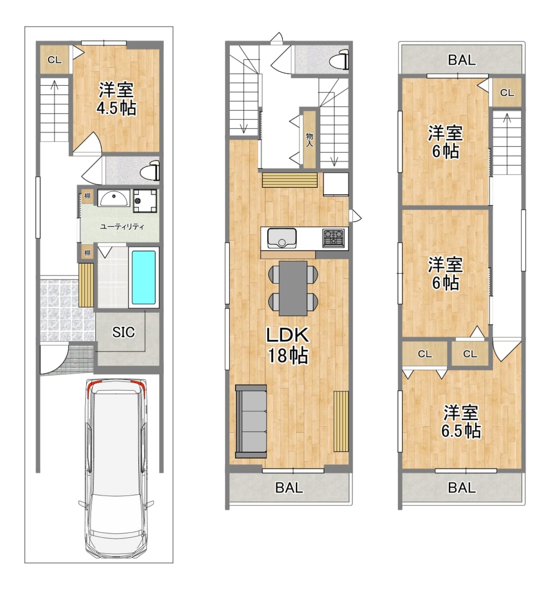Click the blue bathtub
tap(144, 278)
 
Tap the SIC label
tap(123, 332)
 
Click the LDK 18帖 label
tap(288, 346)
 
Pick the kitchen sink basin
tap(281, 238)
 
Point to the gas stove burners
tap(334, 238)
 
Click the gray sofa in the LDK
tap(251, 421)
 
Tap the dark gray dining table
tap(293, 288)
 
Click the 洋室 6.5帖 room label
tap(460, 422)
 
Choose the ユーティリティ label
tap(122, 227)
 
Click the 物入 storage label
tap(309, 140)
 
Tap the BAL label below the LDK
tap(289, 488)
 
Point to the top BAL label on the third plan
tap(462, 60)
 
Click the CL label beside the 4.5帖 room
tap(55, 60)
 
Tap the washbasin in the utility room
tap(114, 198)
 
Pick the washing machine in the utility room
tap(145, 201)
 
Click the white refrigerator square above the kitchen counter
tap(336, 184)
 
